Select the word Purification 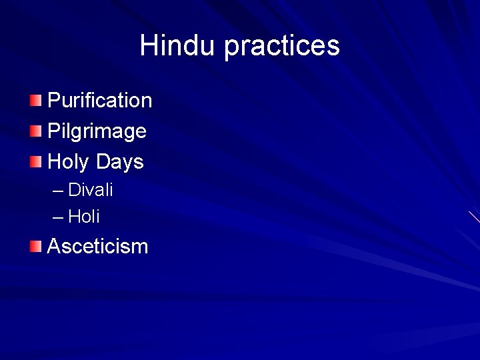(100, 101)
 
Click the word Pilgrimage (97, 131)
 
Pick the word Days (119, 162)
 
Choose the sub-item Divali (91, 190)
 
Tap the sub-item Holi (84, 216)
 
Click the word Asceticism (97, 247)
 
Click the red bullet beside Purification (35, 101)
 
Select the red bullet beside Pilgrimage (35, 131)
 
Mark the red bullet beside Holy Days (35, 161)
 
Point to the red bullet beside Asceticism (35, 247)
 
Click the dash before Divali (58, 191)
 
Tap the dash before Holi (58, 217)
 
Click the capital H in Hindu (149, 45)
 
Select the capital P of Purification (54, 101)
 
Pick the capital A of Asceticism (55, 247)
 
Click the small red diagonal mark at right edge (474, 217)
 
